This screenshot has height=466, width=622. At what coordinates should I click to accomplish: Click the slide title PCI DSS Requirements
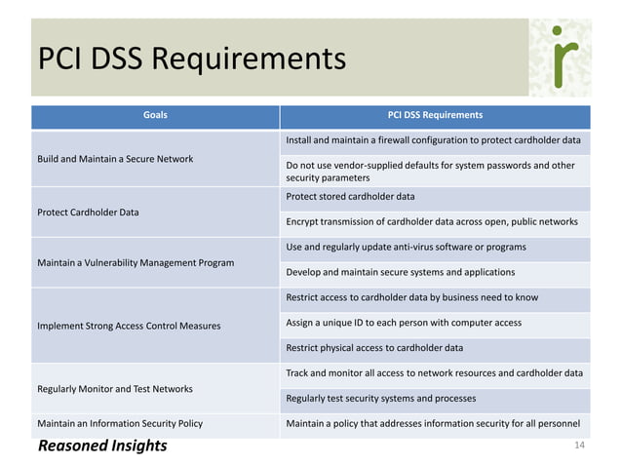tap(191, 60)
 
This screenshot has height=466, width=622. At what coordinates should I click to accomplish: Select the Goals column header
tap(155, 115)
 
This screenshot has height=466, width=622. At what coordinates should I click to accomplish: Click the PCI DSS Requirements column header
tap(435, 115)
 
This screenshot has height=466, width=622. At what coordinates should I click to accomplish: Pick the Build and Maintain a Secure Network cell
tap(115, 159)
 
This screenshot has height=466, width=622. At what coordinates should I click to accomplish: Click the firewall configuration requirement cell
tap(433, 141)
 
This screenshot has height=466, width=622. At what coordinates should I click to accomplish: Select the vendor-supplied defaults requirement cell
tap(430, 172)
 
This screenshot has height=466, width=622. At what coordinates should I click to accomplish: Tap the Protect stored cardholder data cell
tap(350, 197)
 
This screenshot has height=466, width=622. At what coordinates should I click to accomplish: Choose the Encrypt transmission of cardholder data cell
tap(431, 222)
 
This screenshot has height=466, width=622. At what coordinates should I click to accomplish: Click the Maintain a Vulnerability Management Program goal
tap(135, 263)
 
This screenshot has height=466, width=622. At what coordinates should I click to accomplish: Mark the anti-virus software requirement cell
tap(406, 247)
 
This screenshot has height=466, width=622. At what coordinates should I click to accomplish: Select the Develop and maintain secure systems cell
tap(400, 272)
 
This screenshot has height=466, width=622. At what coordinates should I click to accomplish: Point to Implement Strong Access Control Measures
tap(129, 326)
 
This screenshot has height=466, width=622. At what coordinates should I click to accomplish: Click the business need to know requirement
tap(410, 297)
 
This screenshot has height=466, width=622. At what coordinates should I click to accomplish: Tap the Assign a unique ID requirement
tap(403, 323)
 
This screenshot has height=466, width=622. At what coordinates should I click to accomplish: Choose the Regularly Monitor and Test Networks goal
tap(114, 389)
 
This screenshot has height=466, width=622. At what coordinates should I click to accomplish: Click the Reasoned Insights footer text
tap(102, 447)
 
